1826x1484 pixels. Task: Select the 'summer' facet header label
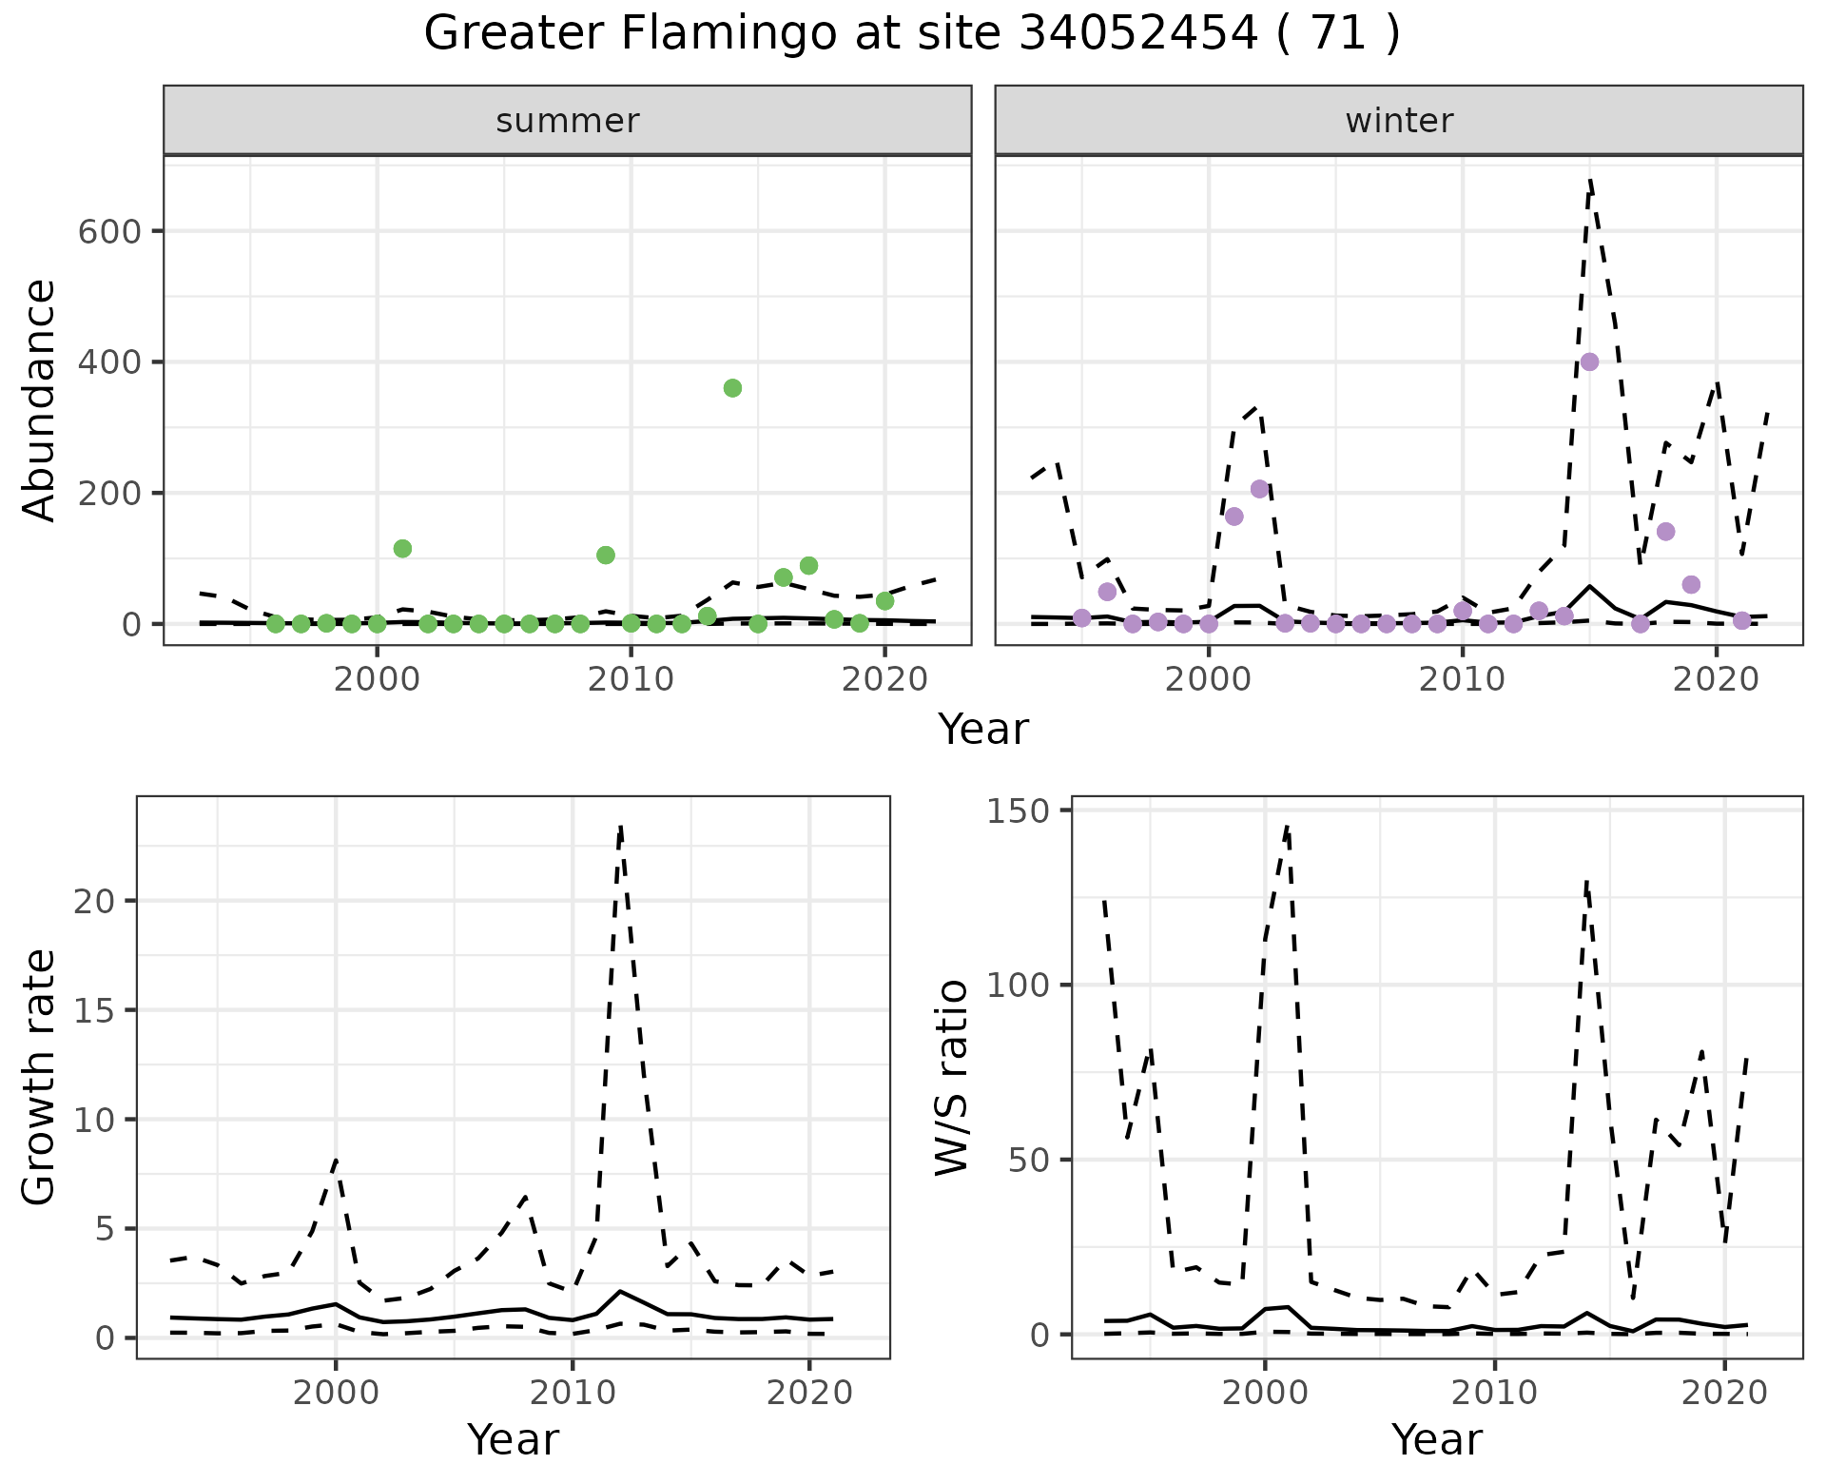567,121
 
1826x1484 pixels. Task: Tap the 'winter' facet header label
1398,121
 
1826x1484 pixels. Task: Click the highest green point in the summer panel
732,388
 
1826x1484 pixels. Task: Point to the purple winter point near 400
1589,361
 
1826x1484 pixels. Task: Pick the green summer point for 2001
402,548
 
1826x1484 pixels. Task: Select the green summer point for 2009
606,555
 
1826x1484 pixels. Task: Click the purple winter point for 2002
1260,489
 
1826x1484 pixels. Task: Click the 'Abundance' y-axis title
40,400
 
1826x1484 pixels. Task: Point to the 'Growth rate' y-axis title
40,1077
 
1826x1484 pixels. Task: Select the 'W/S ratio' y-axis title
951,1077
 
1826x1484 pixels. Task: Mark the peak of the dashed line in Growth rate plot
620,828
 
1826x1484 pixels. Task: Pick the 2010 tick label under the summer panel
631,680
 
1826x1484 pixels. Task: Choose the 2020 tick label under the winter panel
1716,680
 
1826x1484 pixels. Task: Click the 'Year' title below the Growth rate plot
513,1439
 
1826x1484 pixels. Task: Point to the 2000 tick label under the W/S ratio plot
1264,1394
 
